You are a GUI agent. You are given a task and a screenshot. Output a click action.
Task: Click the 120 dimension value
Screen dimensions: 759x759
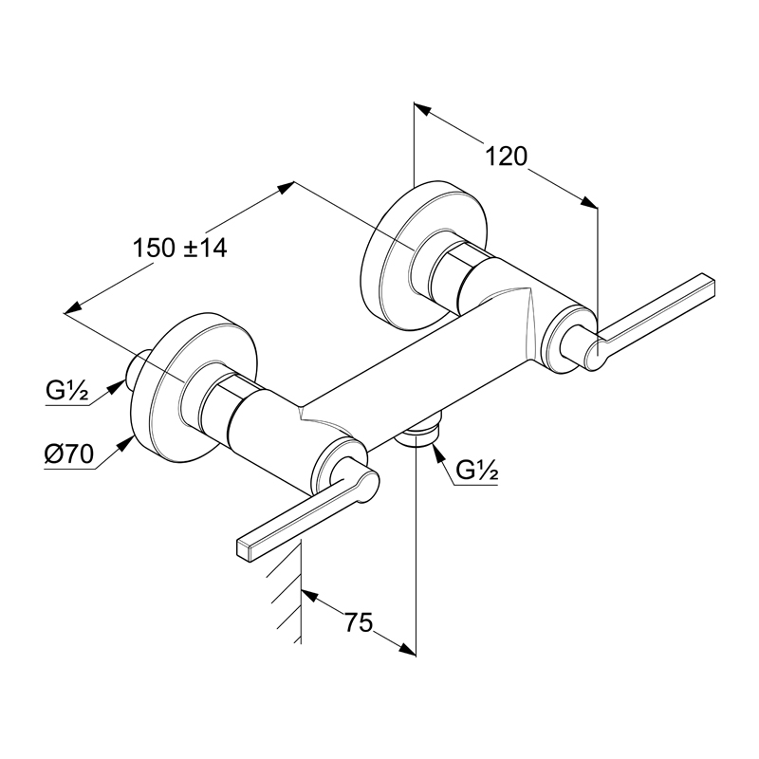point(506,157)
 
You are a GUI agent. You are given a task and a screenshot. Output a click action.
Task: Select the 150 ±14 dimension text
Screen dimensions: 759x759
point(179,249)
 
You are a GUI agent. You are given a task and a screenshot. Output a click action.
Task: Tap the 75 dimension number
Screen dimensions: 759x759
point(360,622)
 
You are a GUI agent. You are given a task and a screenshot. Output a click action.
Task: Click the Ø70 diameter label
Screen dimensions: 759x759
point(68,454)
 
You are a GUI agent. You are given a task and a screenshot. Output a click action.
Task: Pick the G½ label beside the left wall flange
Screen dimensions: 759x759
point(67,391)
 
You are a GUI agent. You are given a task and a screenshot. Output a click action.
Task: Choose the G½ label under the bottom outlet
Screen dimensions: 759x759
point(477,470)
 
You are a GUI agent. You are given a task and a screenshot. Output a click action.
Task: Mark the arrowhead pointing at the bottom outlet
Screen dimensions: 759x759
point(438,454)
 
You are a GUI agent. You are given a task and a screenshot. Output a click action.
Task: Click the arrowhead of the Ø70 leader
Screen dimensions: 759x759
point(127,443)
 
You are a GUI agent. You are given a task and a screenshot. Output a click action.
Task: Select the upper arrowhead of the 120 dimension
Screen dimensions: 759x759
point(421,109)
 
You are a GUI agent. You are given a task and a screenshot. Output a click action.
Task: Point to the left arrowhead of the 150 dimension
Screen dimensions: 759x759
point(73,307)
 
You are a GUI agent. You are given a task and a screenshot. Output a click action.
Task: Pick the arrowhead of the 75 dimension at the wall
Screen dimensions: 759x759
point(310,595)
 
